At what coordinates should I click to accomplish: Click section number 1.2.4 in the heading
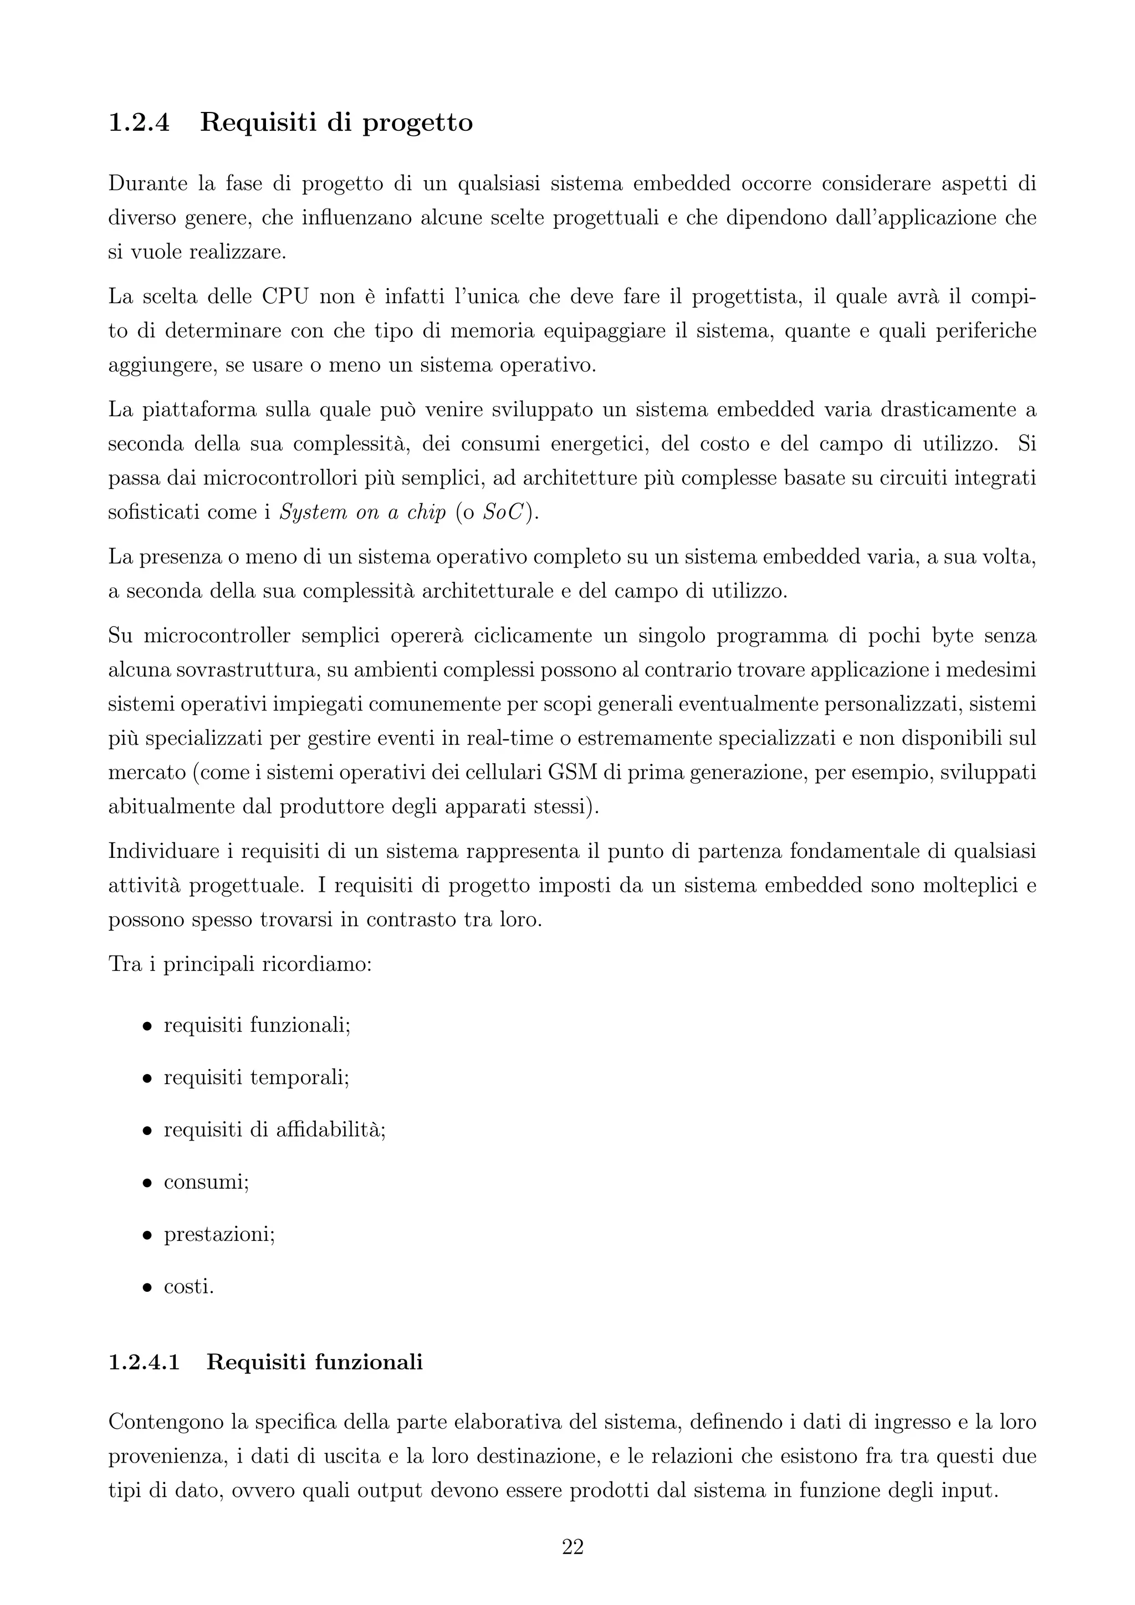139,123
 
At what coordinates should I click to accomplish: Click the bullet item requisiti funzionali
257,1025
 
